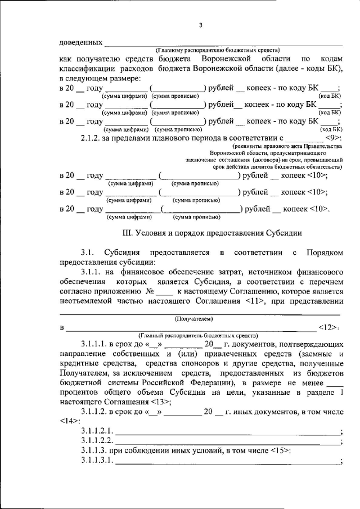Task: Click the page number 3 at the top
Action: point(200,25)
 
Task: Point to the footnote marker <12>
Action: point(327,327)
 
